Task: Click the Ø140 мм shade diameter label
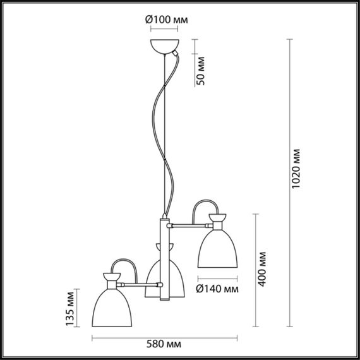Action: pyautogui.click(x=217, y=289)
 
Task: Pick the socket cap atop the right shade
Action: pyautogui.click(x=216, y=222)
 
